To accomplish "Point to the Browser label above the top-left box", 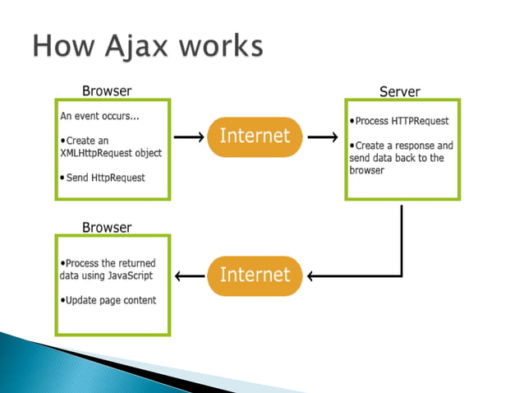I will click(x=107, y=89).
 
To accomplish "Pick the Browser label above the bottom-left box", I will click(x=107, y=226).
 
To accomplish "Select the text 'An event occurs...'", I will click(x=99, y=116).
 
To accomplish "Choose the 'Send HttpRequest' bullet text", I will click(x=103, y=178).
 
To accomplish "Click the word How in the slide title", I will click(x=63, y=46).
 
